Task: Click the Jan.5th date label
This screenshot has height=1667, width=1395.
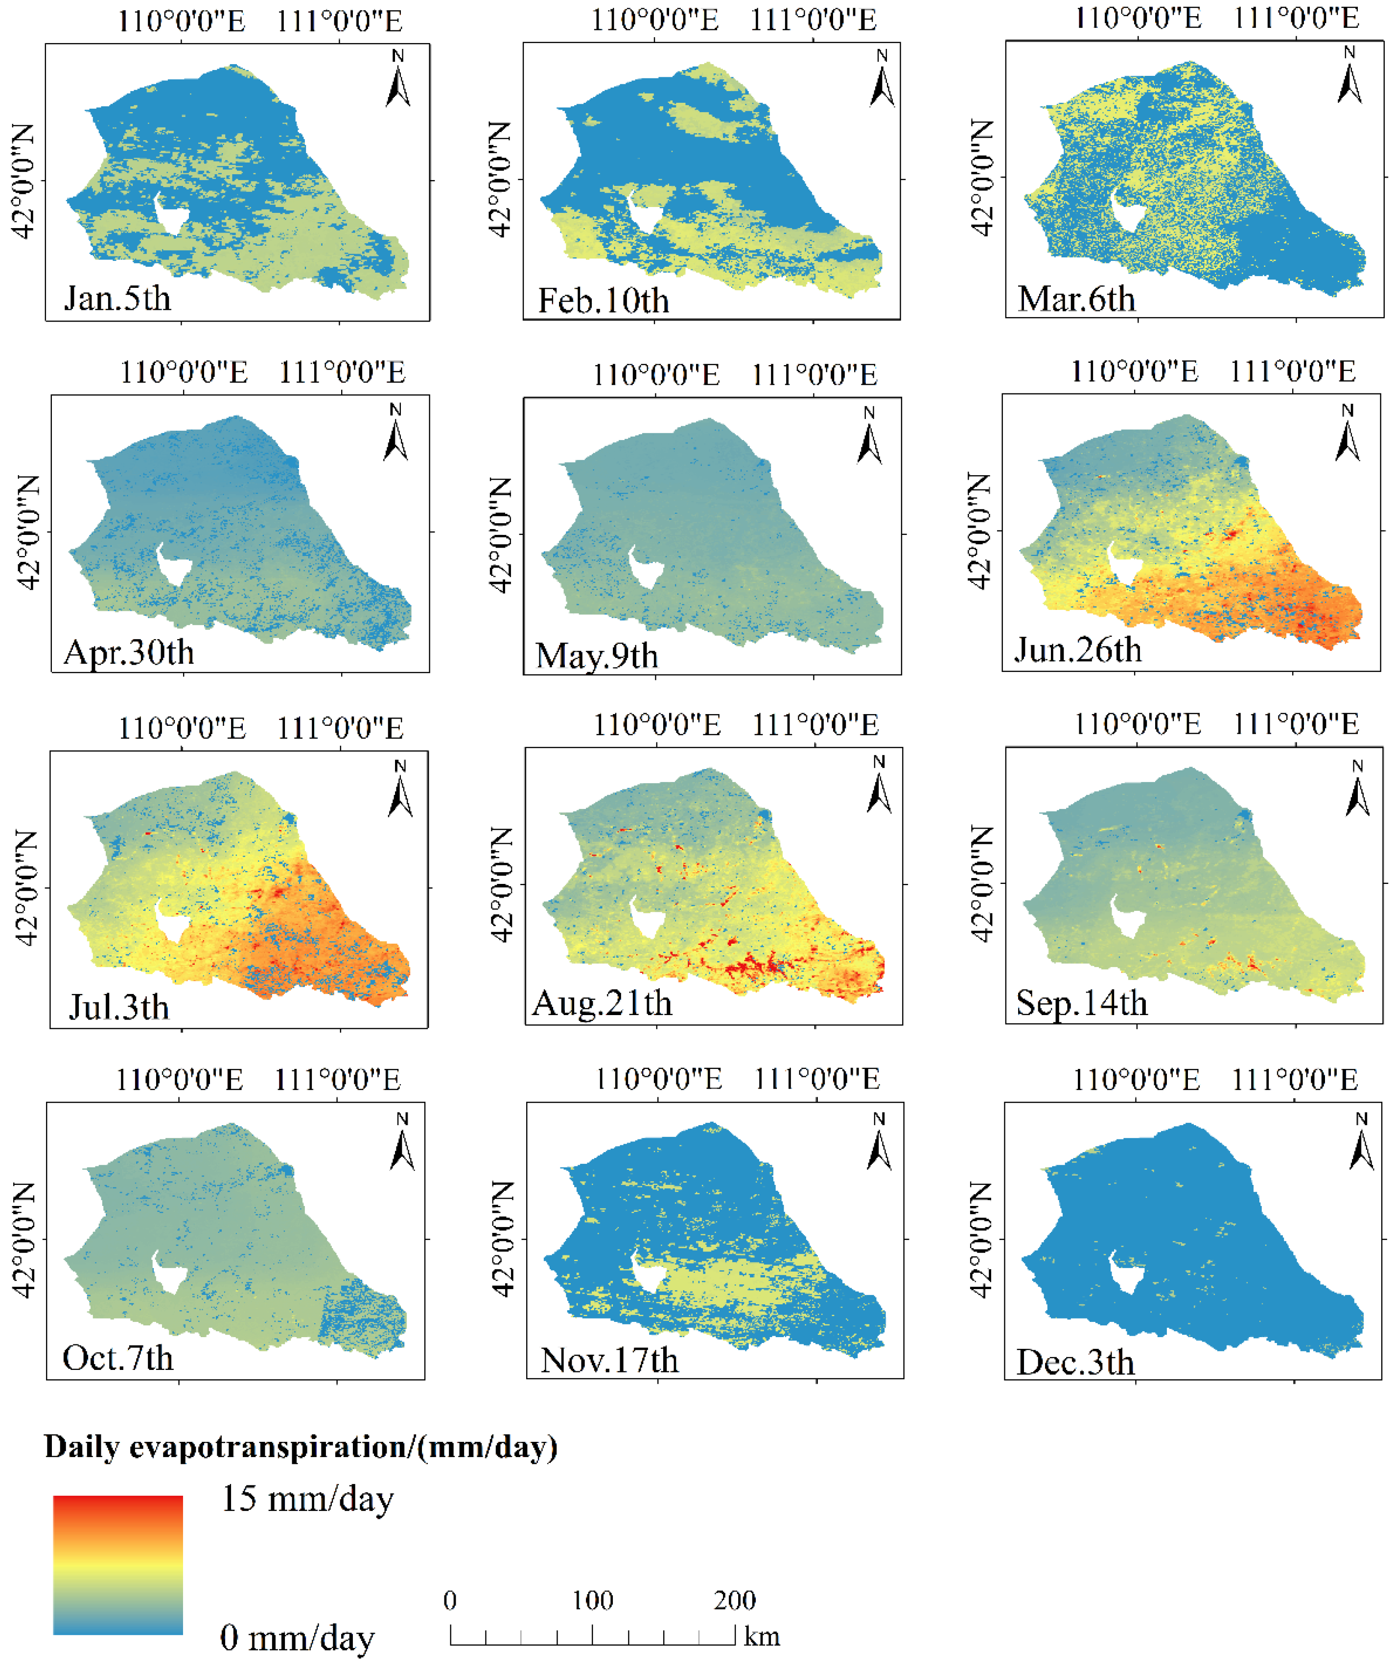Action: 117,299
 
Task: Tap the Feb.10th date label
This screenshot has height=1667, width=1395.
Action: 604,301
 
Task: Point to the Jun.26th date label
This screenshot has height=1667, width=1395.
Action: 1077,650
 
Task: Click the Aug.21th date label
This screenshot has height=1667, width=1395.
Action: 602,1003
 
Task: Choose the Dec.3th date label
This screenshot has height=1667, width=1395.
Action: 1075,1363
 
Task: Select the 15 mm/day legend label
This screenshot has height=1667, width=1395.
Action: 307,1500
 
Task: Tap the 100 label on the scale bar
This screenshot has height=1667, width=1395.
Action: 592,1600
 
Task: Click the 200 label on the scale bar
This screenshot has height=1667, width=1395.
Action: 734,1600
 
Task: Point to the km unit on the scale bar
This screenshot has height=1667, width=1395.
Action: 762,1637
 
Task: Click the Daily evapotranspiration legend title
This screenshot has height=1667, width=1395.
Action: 300,1447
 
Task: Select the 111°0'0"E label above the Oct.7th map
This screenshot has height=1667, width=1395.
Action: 337,1080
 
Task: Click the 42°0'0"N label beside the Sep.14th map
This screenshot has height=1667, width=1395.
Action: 982,883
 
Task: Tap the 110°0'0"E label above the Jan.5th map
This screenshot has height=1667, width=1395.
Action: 182,22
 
